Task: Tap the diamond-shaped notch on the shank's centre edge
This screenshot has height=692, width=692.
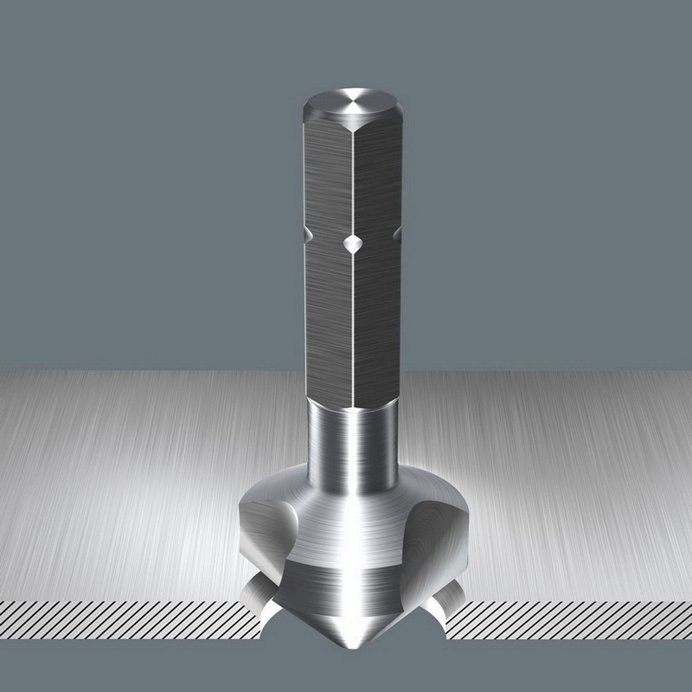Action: point(353,245)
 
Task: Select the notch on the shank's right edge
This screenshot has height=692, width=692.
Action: point(397,234)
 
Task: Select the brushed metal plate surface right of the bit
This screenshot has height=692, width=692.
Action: point(562,484)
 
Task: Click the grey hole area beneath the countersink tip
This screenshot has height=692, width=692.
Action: point(353,675)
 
